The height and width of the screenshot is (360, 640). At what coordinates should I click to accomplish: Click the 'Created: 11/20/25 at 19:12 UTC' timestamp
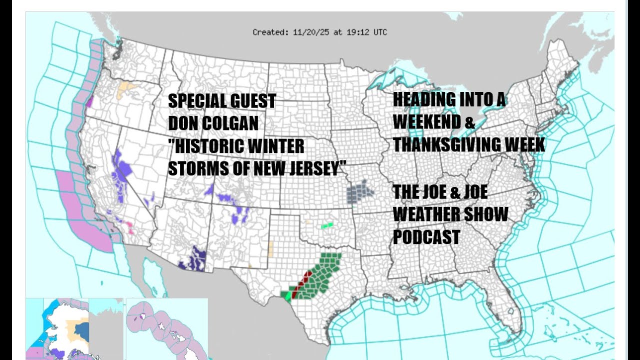[319, 32]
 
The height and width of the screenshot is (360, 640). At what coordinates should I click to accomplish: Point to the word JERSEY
[313, 169]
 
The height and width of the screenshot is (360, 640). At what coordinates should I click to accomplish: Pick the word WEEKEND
[427, 121]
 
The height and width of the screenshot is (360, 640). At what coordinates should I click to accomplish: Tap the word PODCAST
[426, 236]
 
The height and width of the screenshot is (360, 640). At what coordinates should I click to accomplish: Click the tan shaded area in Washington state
[125, 90]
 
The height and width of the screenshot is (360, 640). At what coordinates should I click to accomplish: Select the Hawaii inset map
[166, 329]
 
